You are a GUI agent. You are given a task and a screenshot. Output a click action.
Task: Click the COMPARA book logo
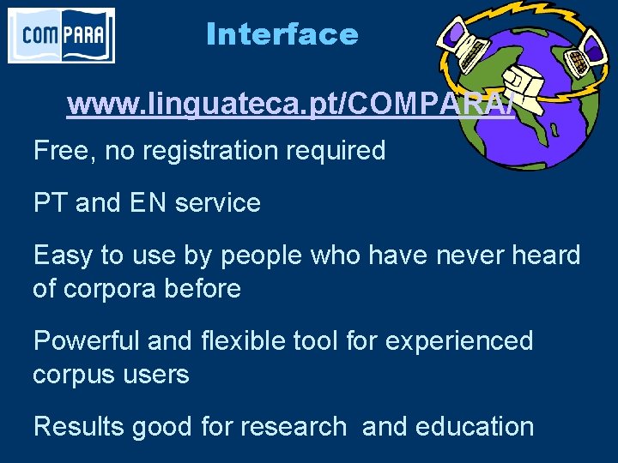(61, 35)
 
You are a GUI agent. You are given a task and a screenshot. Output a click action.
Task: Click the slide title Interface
(282, 34)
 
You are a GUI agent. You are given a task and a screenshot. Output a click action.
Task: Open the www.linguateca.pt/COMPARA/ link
(290, 105)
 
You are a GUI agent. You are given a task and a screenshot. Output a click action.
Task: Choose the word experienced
(459, 341)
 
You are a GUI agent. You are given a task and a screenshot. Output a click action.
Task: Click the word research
(293, 426)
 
